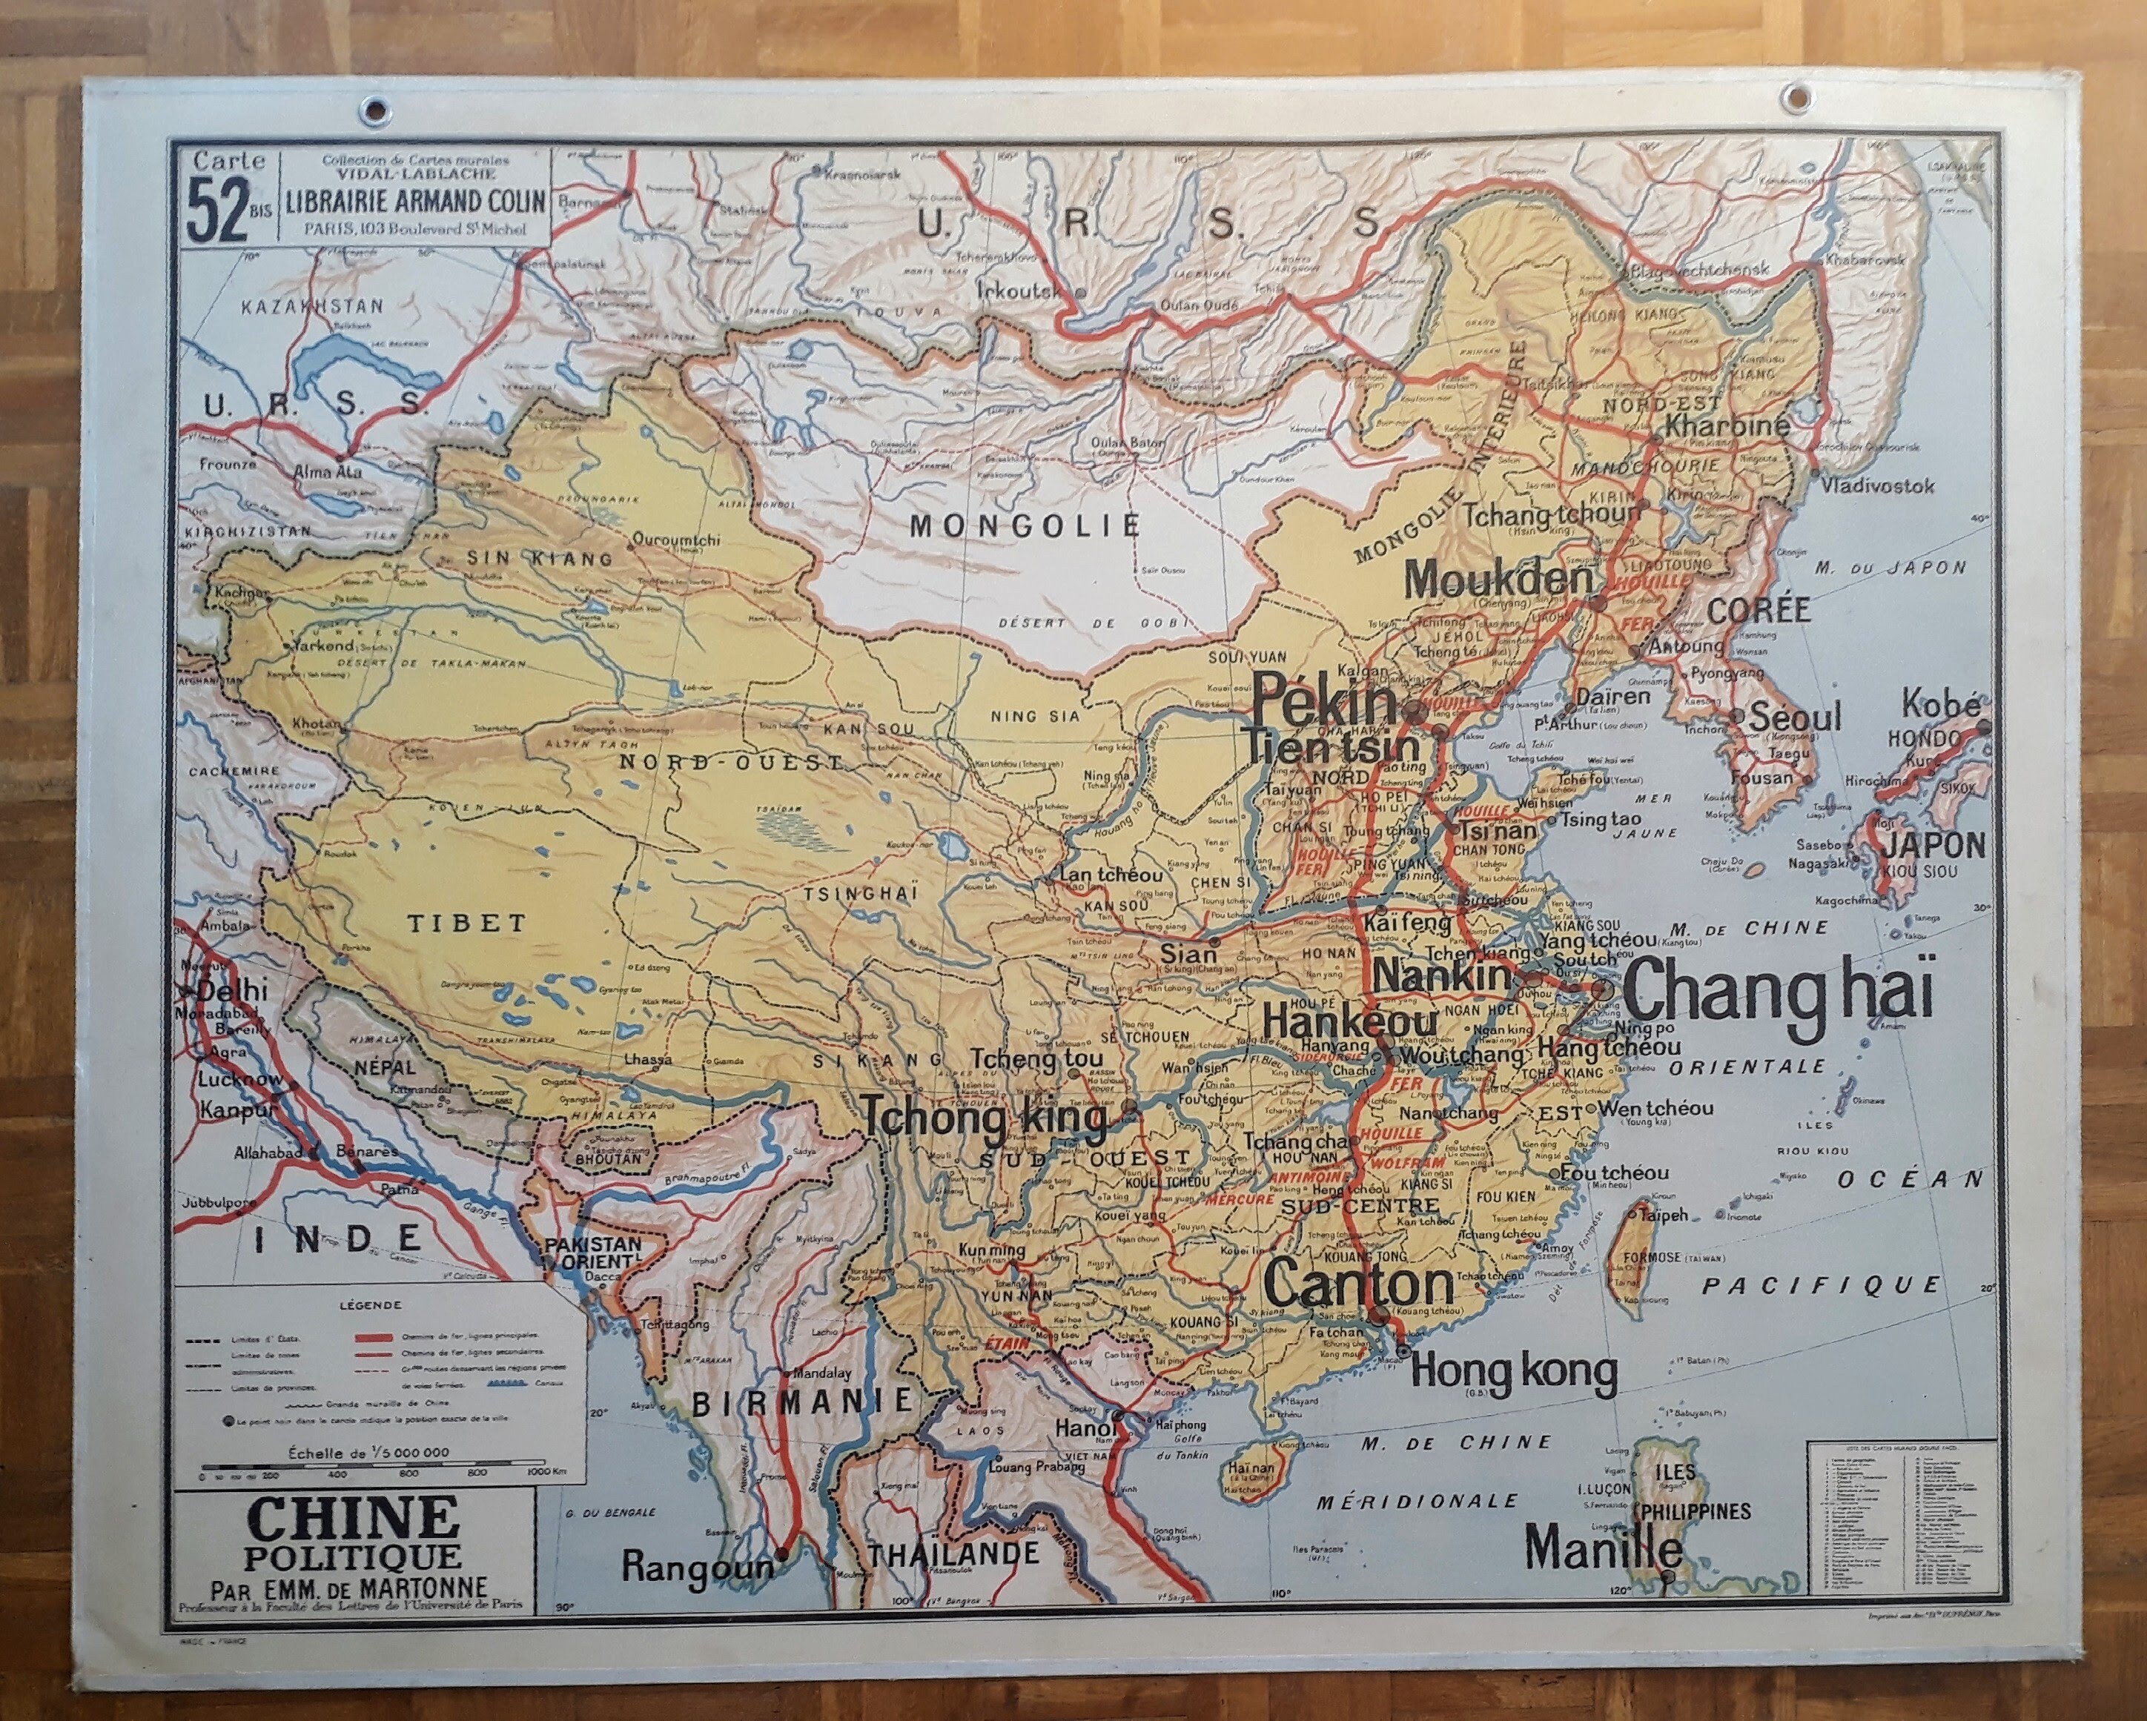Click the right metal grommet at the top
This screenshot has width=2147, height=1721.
tap(1796, 96)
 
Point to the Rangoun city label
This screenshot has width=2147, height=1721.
tap(696, 1567)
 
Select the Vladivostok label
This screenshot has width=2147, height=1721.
tap(1878, 485)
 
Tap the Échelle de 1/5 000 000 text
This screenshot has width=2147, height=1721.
tap(368, 1452)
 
